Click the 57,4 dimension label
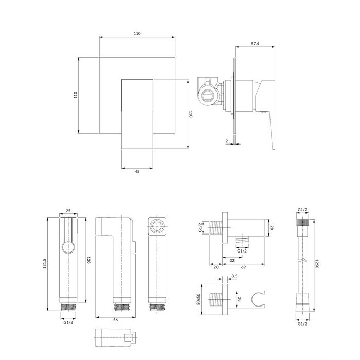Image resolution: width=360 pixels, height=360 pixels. [255, 44]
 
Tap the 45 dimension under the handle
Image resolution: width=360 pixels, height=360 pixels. [137, 171]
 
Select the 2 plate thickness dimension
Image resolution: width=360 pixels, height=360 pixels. [227, 141]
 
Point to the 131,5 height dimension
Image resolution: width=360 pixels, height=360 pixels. [45, 263]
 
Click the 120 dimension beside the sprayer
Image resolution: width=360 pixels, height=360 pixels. [88, 260]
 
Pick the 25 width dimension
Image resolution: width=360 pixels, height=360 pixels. [68, 211]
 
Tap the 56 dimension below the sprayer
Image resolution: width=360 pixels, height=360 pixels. [116, 320]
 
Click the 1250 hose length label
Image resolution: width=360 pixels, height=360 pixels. [317, 264]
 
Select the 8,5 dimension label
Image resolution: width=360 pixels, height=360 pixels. [234, 276]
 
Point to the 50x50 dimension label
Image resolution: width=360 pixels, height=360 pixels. [199, 299]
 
